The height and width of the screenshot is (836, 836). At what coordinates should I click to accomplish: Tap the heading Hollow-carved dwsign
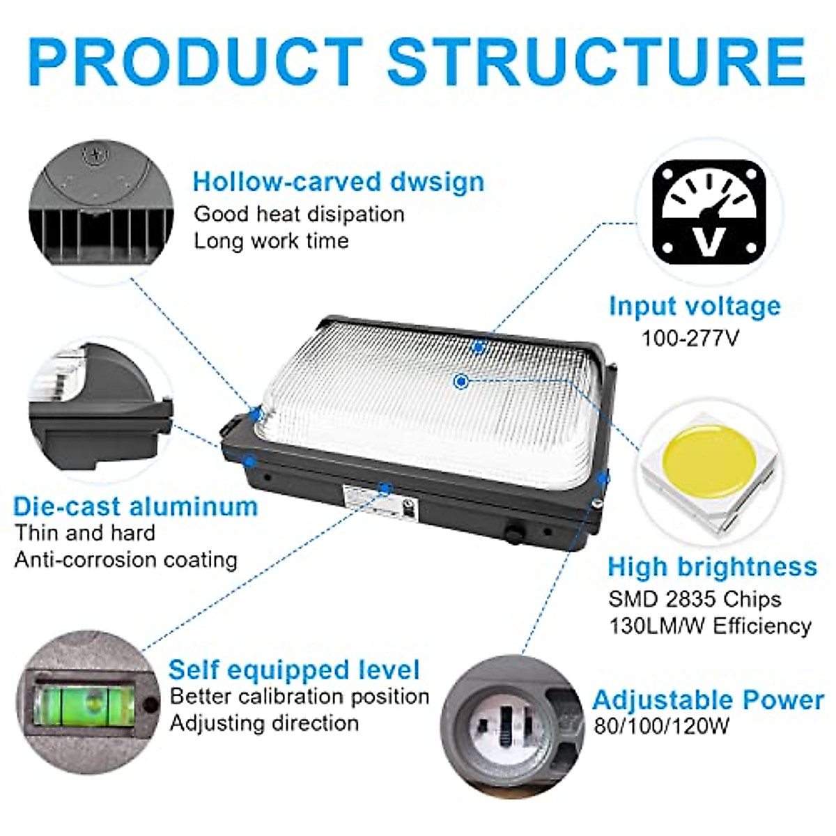pos(339,181)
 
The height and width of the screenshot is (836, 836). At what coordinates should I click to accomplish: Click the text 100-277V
pos(690,338)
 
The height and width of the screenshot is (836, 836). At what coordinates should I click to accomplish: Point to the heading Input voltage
pos(695,306)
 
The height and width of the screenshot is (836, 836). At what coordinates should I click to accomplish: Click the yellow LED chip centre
pos(709,460)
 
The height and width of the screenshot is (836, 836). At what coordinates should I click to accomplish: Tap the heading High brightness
pos(712,566)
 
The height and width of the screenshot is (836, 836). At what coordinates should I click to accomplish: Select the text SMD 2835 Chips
pos(695,598)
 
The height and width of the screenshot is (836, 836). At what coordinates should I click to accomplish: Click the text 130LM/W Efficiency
pos(710,626)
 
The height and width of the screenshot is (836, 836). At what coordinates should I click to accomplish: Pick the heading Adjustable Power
pos(708,699)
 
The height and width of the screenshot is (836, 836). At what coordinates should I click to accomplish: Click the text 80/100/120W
pos(661,727)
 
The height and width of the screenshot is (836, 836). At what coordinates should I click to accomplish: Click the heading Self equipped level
pos(294,669)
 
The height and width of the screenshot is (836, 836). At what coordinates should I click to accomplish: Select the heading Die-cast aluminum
pos(136,506)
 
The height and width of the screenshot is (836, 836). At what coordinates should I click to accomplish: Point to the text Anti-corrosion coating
pos(126,559)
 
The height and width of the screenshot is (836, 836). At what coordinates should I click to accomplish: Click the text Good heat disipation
pos(299,214)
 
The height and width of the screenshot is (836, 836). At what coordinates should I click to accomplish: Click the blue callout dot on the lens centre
pos(460,381)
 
